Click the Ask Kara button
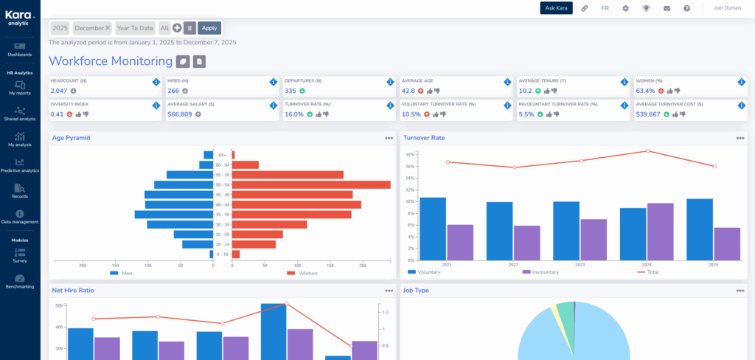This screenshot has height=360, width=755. [556, 8]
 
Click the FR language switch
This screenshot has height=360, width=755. [605, 8]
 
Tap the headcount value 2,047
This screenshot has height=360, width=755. [58, 91]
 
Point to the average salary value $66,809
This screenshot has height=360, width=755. [179, 114]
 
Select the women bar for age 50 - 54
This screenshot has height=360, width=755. [312, 184]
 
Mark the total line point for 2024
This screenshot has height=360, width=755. [647, 151]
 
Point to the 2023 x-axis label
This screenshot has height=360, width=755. [580, 264]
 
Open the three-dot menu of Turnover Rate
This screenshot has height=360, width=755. [740, 138]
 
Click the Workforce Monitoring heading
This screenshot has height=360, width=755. [111, 61]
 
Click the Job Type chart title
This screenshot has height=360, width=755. [417, 291]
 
